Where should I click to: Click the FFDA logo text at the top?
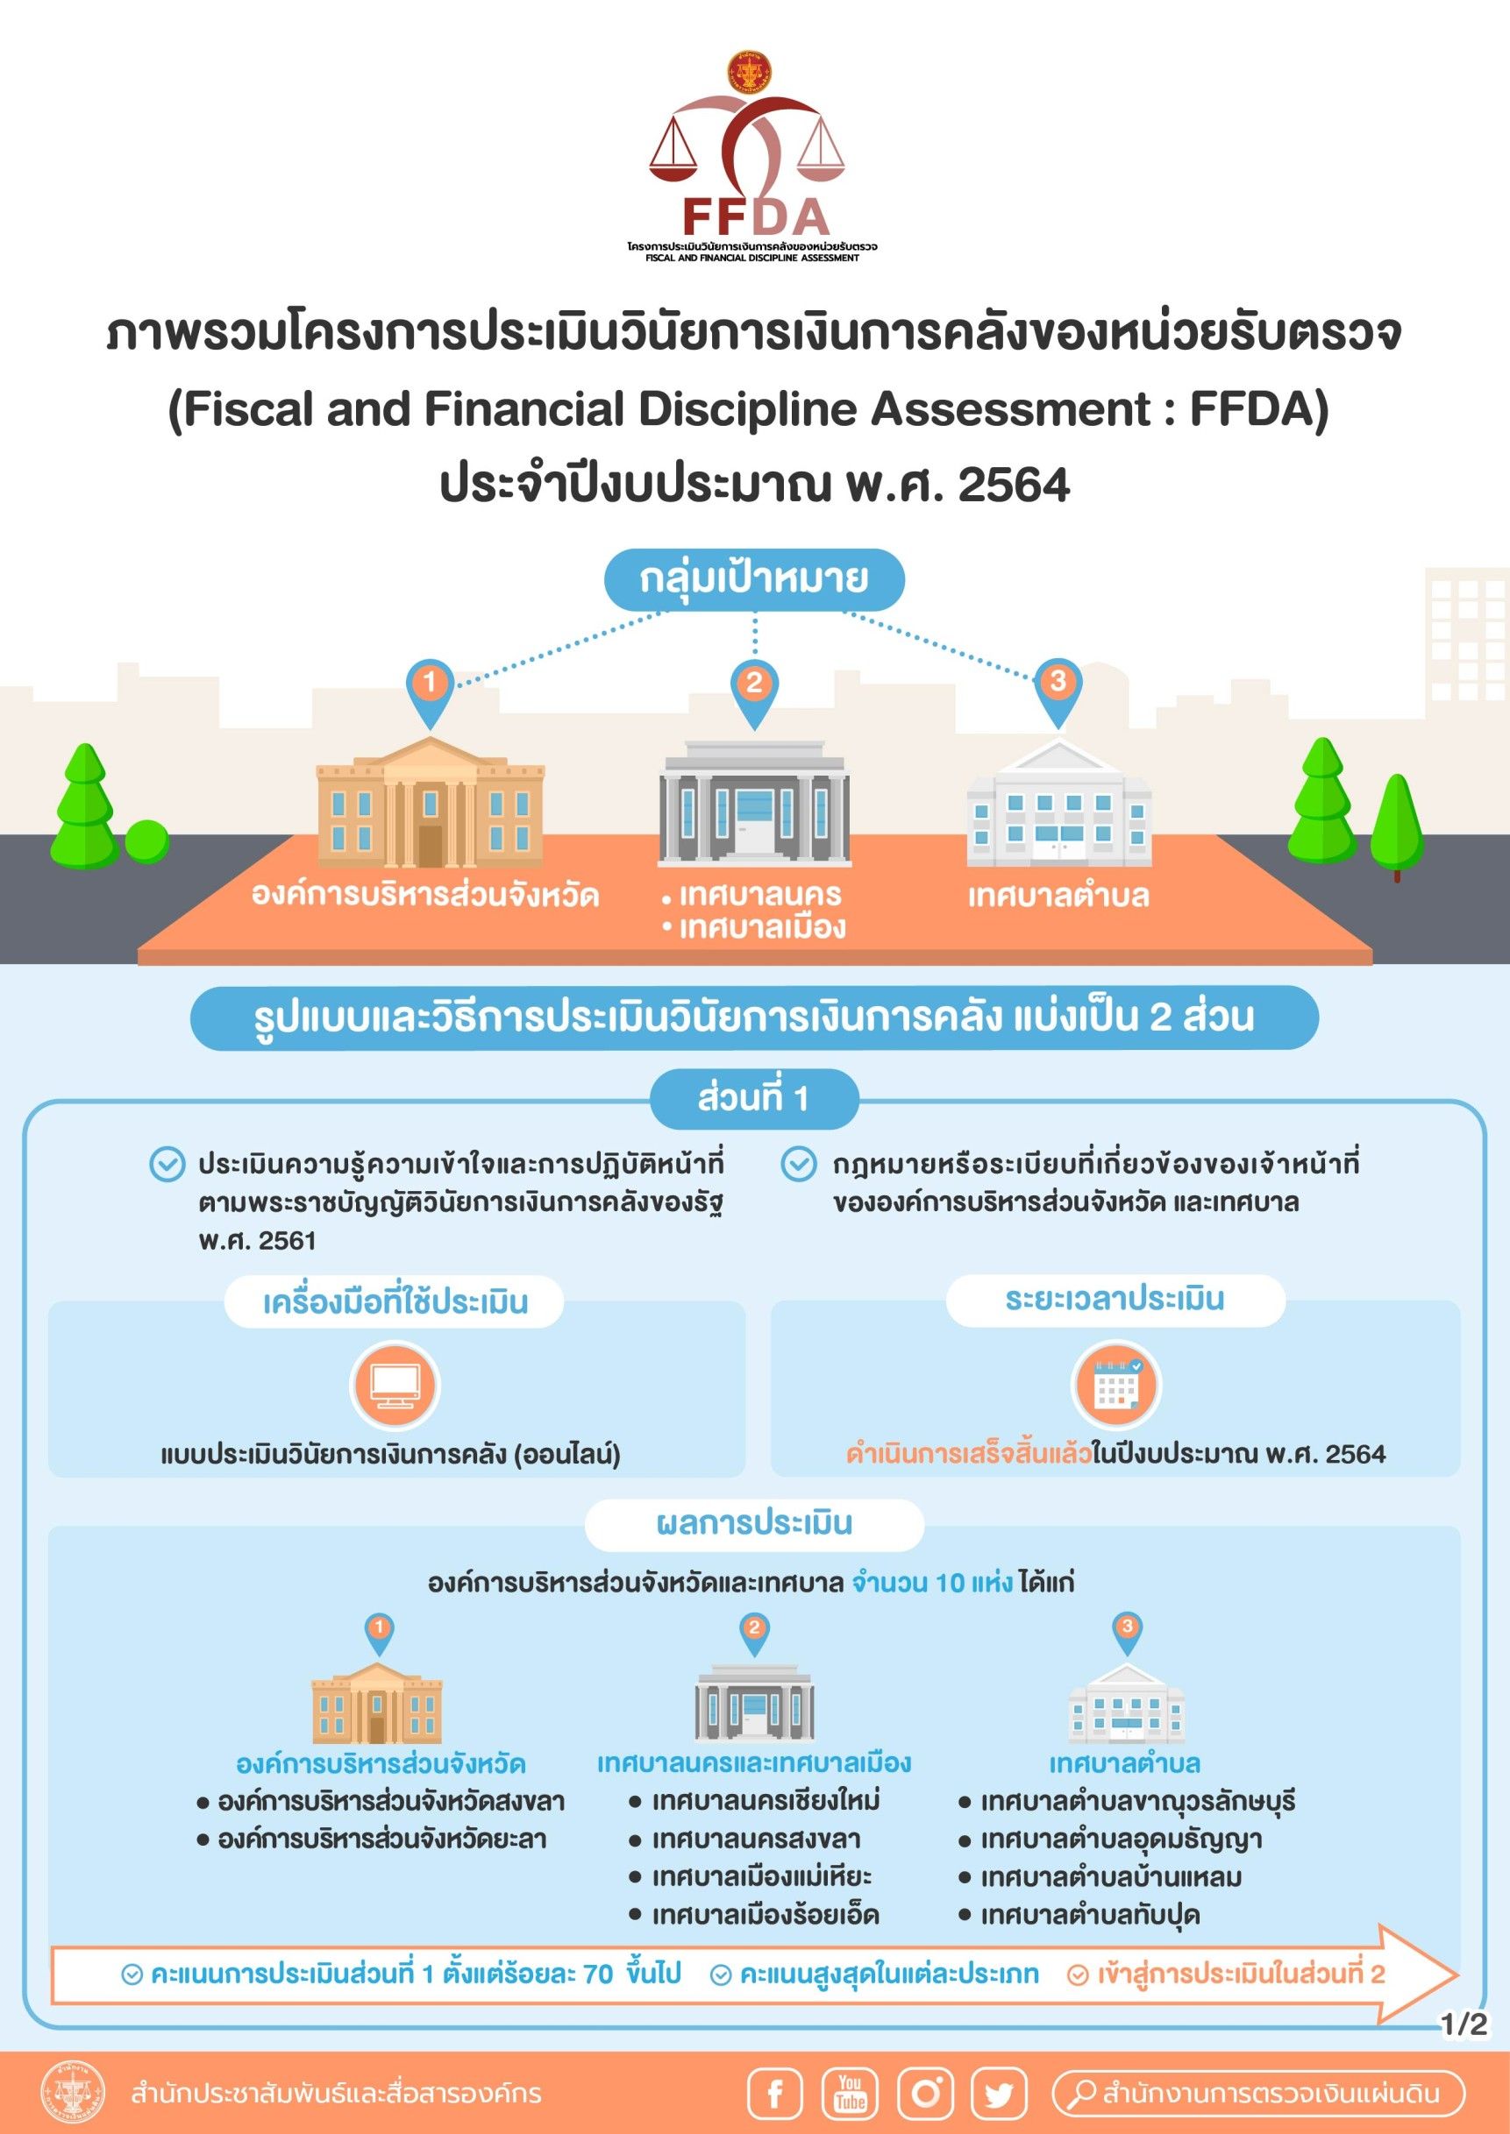tap(755, 216)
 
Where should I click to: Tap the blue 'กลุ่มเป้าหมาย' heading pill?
tap(754, 579)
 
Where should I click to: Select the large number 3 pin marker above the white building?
tap(1058, 683)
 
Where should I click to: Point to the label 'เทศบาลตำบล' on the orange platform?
tap(1058, 896)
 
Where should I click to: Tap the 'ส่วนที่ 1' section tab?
tap(754, 1099)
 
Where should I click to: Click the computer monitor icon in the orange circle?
tap(395, 1386)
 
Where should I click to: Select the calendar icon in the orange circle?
tap(1115, 1386)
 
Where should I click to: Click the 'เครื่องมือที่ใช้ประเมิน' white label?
tap(395, 1302)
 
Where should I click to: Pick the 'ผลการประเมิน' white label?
tap(754, 1523)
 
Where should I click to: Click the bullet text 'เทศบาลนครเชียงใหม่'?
tap(766, 1800)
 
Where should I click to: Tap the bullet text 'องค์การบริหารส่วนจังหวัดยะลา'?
tap(381, 1839)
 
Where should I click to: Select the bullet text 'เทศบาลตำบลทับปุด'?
tap(1090, 1915)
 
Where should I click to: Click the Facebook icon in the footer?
tap(775, 2094)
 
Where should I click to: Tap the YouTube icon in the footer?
tap(850, 2094)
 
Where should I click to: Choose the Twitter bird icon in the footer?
tap(999, 2094)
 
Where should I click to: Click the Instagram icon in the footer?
tap(925, 2094)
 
